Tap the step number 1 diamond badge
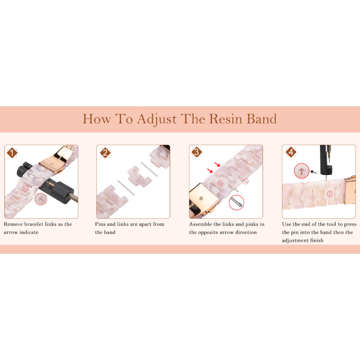tap(12, 153)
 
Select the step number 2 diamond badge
tap(105, 153)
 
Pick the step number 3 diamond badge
tap(197, 152)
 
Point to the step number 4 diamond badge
tap(291, 152)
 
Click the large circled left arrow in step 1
tap(40, 199)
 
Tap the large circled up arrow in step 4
tap(301, 171)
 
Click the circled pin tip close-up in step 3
tap(237, 202)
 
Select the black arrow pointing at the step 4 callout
tap(314, 172)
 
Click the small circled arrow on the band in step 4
tap(330, 194)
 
